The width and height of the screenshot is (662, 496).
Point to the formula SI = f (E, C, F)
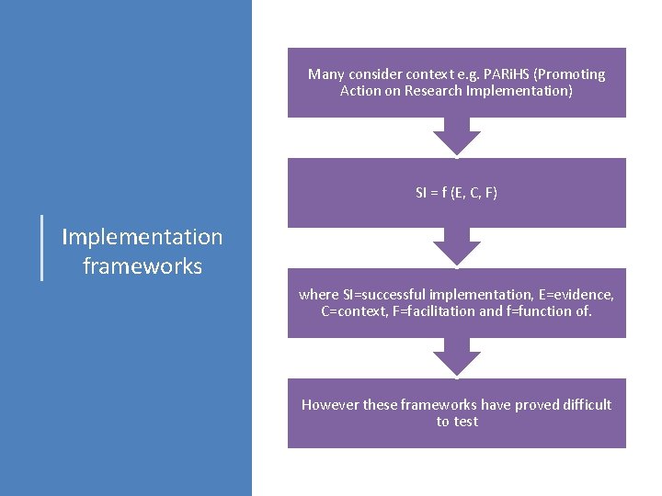(456, 193)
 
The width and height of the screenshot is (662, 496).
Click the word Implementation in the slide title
(142, 237)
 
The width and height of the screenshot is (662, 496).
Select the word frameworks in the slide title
(142, 266)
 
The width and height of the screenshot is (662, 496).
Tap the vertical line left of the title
(43, 246)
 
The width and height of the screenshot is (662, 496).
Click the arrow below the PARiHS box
(457, 137)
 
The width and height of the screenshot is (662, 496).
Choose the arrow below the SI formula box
(457, 247)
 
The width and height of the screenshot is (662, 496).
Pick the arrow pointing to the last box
(457, 357)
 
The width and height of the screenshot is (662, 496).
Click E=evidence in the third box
(576, 295)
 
